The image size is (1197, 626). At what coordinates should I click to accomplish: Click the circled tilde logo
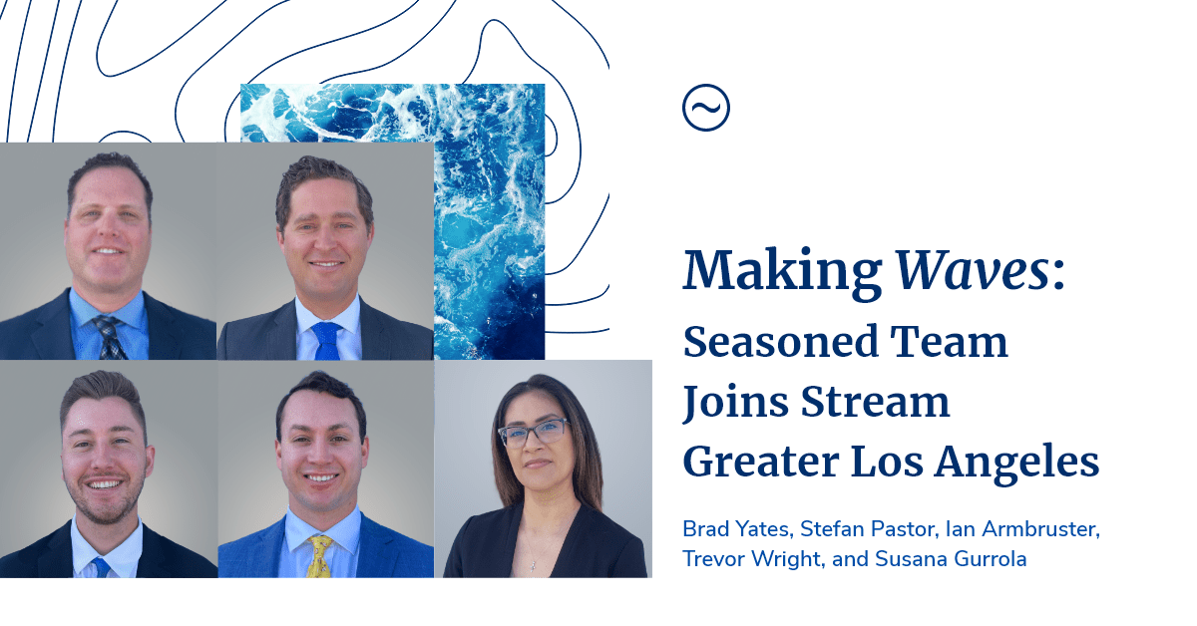(706, 108)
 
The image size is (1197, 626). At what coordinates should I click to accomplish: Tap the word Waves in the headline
(972, 270)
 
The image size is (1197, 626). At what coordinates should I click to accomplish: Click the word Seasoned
(781, 342)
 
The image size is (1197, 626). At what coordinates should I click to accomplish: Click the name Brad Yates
(735, 529)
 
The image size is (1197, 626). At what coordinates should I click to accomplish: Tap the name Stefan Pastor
(866, 529)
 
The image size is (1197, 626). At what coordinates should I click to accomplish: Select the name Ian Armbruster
(1021, 529)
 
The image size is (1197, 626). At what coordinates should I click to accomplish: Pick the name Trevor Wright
(751, 559)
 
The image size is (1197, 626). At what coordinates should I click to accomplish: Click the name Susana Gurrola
(951, 559)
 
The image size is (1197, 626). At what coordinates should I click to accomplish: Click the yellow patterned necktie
(319, 557)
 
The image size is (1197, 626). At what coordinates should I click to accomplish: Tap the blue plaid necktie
(110, 338)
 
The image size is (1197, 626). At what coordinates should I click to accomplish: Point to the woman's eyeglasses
(534, 432)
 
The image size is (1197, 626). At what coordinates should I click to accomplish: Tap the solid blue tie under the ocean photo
(326, 341)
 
